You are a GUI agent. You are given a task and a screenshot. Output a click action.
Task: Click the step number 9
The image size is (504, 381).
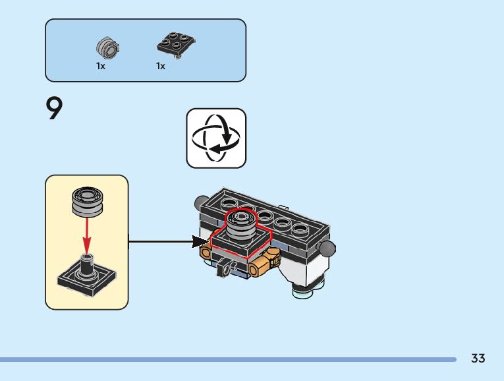(x=55, y=109)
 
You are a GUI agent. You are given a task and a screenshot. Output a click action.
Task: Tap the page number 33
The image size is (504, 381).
(x=478, y=359)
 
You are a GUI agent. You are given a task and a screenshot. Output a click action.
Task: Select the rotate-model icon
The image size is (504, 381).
(x=216, y=138)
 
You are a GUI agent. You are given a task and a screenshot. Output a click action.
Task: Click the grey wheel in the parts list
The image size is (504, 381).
(x=106, y=47)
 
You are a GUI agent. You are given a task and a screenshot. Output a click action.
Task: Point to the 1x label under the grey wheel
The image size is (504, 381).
(x=101, y=66)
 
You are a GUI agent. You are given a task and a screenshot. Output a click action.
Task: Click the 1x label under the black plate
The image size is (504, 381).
(x=161, y=66)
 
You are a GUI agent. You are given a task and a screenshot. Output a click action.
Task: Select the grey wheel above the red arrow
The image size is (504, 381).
(x=86, y=200)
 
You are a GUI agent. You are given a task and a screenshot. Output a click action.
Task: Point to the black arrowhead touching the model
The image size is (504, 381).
(x=200, y=242)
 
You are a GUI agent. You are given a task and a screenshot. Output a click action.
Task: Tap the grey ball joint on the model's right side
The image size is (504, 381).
(x=327, y=248)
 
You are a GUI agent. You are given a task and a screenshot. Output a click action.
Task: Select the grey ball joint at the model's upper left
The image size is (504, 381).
(x=200, y=199)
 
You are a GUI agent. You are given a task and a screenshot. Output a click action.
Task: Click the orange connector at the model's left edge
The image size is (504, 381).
(x=206, y=252)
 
